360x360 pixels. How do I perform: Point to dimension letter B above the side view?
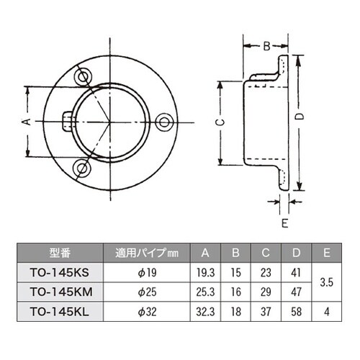click(x=265, y=46)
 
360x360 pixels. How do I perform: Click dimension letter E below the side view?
click(x=285, y=222)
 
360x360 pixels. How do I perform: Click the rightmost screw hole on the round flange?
click(x=167, y=123)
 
